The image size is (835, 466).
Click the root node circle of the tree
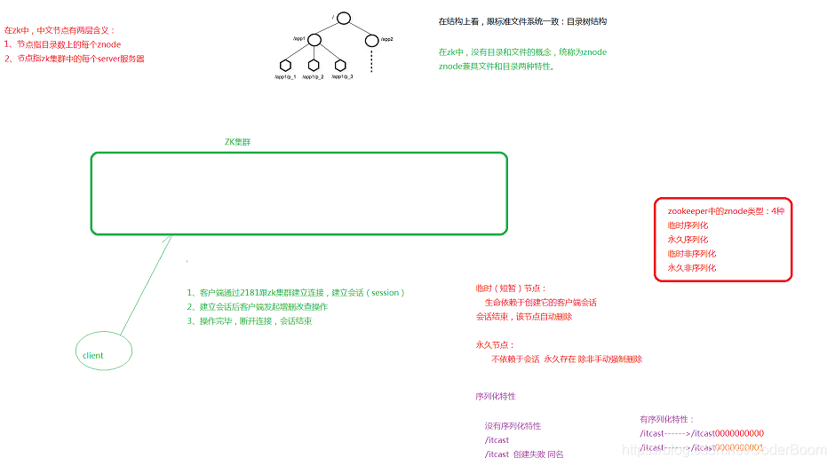pos(344,18)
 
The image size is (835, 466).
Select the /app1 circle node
pos(313,40)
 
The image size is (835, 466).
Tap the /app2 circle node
pos(371,40)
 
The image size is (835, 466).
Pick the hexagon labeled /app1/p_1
pos(285,65)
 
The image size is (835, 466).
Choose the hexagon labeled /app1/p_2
pos(313,65)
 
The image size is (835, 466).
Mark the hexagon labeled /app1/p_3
pos(339,65)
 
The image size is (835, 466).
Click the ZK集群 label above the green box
pos(237,142)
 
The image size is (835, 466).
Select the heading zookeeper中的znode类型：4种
pos(726,211)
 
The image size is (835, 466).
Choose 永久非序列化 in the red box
pos(691,268)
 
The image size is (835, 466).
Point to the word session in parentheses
pos(386,293)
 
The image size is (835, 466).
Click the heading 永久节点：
pos(495,345)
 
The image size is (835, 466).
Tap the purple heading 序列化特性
pos(495,396)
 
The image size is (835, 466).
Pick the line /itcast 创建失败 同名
pos(524,454)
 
